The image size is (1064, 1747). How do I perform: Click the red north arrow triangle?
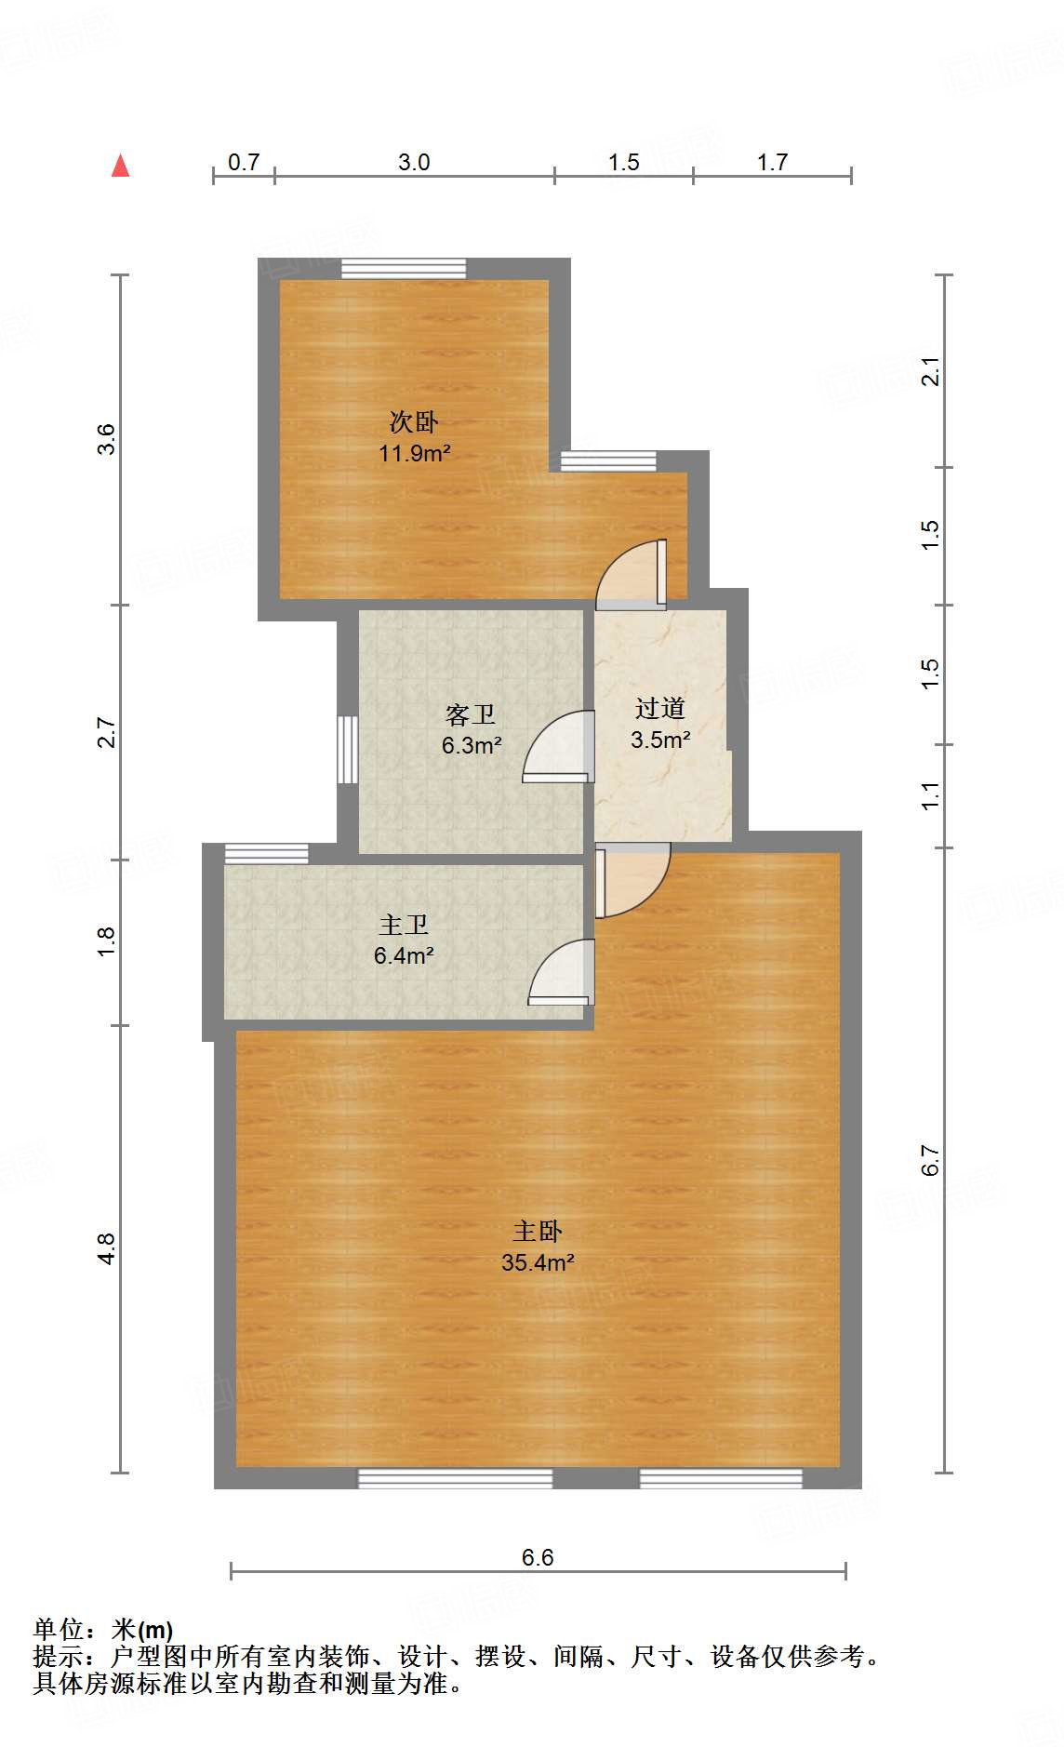(x=120, y=166)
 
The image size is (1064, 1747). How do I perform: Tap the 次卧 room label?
(x=414, y=421)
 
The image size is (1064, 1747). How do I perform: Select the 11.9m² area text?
(x=414, y=453)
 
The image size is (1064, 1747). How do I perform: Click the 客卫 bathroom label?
(x=471, y=714)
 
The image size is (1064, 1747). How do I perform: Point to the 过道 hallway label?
(x=660, y=708)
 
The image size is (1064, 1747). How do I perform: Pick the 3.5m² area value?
(x=660, y=740)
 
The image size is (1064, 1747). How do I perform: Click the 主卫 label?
(x=404, y=924)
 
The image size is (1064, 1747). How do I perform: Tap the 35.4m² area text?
(x=538, y=1262)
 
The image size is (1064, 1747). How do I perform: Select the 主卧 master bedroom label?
(x=538, y=1231)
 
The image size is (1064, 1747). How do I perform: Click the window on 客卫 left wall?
(x=348, y=749)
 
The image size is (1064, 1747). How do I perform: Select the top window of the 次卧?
(x=403, y=268)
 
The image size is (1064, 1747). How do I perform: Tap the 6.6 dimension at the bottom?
(x=538, y=1557)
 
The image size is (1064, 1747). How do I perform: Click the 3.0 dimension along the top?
(x=414, y=162)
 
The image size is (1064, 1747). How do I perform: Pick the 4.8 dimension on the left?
(x=107, y=1248)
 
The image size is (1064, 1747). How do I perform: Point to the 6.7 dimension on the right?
(x=931, y=1160)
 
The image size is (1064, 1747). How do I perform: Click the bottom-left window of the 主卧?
(x=455, y=1478)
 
